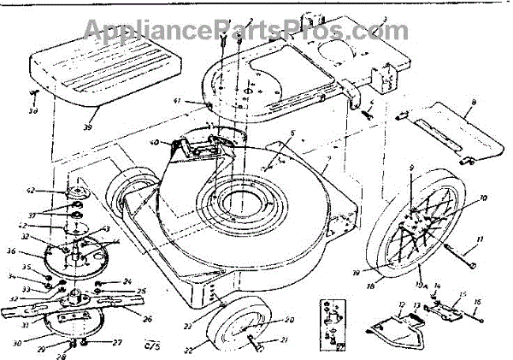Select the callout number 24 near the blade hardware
127,280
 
